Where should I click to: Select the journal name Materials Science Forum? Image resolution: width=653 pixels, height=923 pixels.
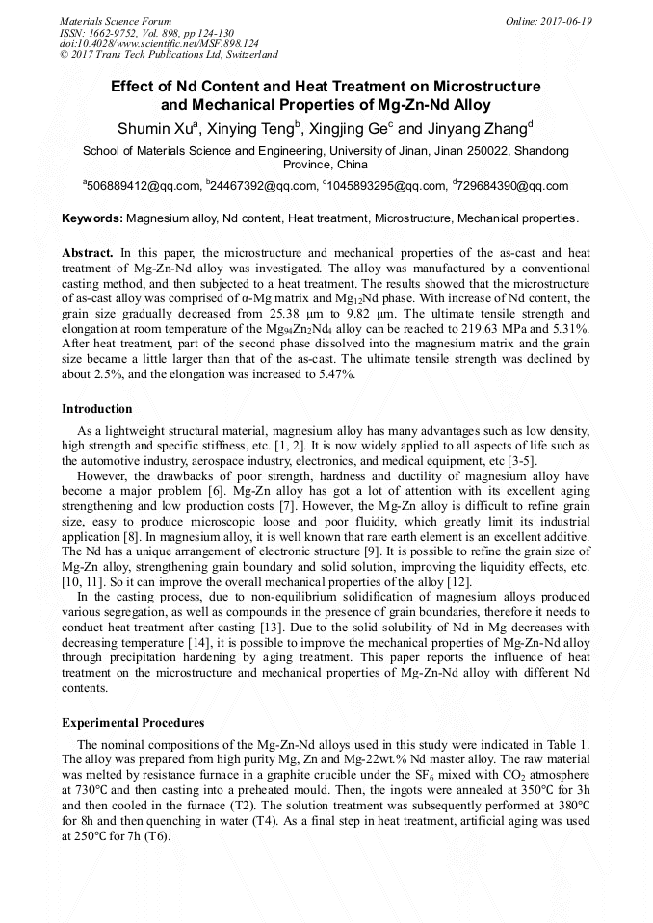point(116,21)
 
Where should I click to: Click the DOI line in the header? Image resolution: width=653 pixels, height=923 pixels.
point(159,43)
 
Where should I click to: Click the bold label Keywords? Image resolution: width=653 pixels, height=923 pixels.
point(92,219)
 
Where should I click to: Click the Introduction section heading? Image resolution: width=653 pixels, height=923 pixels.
point(97,409)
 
